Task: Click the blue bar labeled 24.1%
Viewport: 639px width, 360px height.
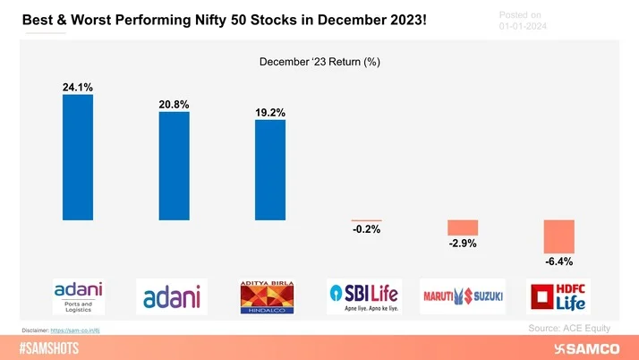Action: (x=77, y=157)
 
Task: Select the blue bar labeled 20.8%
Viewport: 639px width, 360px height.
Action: (x=174, y=166)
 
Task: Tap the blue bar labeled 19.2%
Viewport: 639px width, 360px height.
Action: (x=269, y=170)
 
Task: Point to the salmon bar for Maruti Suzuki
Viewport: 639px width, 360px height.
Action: (x=463, y=227)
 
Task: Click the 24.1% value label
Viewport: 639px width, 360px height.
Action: (x=77, y=87)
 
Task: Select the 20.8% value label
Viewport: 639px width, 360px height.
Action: (x=174, y=105)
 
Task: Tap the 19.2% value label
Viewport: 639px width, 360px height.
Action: (x=269, y=113)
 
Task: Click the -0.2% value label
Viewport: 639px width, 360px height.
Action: (x=366, y=230)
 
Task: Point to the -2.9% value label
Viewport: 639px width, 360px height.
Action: (x=463, y=244)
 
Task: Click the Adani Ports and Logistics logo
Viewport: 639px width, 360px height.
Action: (x=78, y=296)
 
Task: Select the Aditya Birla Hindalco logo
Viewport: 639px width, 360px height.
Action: (x=270, y=296)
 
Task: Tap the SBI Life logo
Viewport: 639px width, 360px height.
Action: (x=365, y=296)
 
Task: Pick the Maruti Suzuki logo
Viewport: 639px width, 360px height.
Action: (x=462, y=296)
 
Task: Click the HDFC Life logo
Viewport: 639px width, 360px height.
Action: (x=558, y=296)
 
